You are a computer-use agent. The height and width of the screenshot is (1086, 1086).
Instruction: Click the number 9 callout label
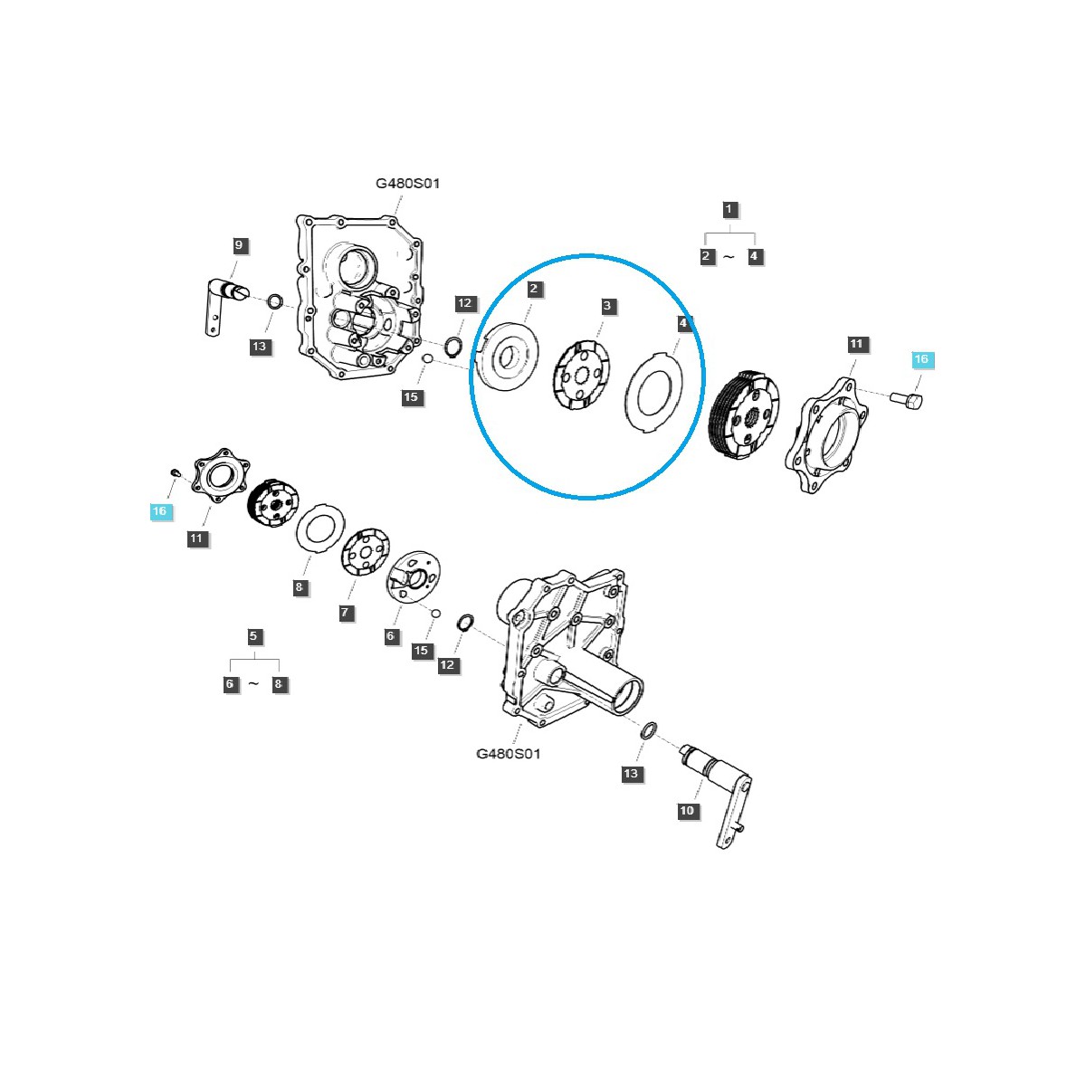coord(239,245)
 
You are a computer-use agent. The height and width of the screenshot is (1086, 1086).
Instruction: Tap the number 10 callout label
coord(687,810)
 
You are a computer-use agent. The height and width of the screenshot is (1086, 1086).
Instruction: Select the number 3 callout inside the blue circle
coord(607,306)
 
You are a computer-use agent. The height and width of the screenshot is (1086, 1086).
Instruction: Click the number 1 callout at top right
coord(729,209)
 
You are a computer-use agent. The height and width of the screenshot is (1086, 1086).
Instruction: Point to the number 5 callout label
coord(253,636)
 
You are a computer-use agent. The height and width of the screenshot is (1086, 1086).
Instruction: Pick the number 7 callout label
coord(345,613)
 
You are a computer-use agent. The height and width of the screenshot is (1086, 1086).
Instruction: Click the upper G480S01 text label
coord(408,184)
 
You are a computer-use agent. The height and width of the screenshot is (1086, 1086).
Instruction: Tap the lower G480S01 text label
coord(508,753)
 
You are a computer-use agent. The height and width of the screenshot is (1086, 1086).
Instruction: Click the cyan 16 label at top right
coord(921,359)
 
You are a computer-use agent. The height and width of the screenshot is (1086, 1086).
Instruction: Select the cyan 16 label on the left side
coord(159,511)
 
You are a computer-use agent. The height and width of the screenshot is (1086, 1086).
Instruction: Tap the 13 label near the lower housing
coord(631,774)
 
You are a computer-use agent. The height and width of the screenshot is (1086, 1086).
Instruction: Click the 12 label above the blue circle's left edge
coord(464,303)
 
